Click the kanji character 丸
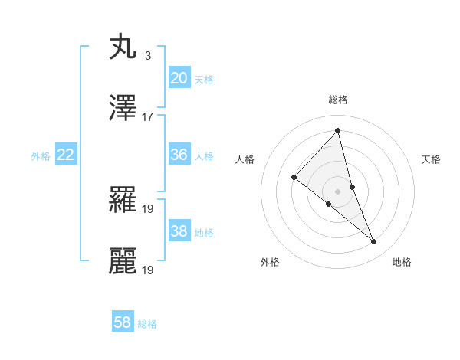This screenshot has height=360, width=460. (x=123, y=47)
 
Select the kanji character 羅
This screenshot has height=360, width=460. (x=123, y=199)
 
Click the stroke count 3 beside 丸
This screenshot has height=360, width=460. (x=147, y=55)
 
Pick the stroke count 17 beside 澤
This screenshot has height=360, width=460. (x=148, y=116)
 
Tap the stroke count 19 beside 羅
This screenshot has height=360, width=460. (x=148, y=208)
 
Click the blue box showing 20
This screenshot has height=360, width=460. (x=179, y=78)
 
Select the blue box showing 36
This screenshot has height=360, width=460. (x=179, y=155)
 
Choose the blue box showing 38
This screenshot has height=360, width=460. (x=179, y=231)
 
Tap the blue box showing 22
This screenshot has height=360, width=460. (x=65, y=155)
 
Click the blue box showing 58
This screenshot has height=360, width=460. (x=123, y=322)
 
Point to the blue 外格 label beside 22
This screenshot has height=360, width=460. (x=41, y=156)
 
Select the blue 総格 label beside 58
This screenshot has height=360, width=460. (x=147, y=324)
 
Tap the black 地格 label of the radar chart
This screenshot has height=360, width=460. (x=402, y=263)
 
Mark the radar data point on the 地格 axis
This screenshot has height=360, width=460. (x=374, y=242)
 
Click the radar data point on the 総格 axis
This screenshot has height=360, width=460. (x=338, y=130)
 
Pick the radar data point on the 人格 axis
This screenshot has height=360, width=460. (x=294, y=177)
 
